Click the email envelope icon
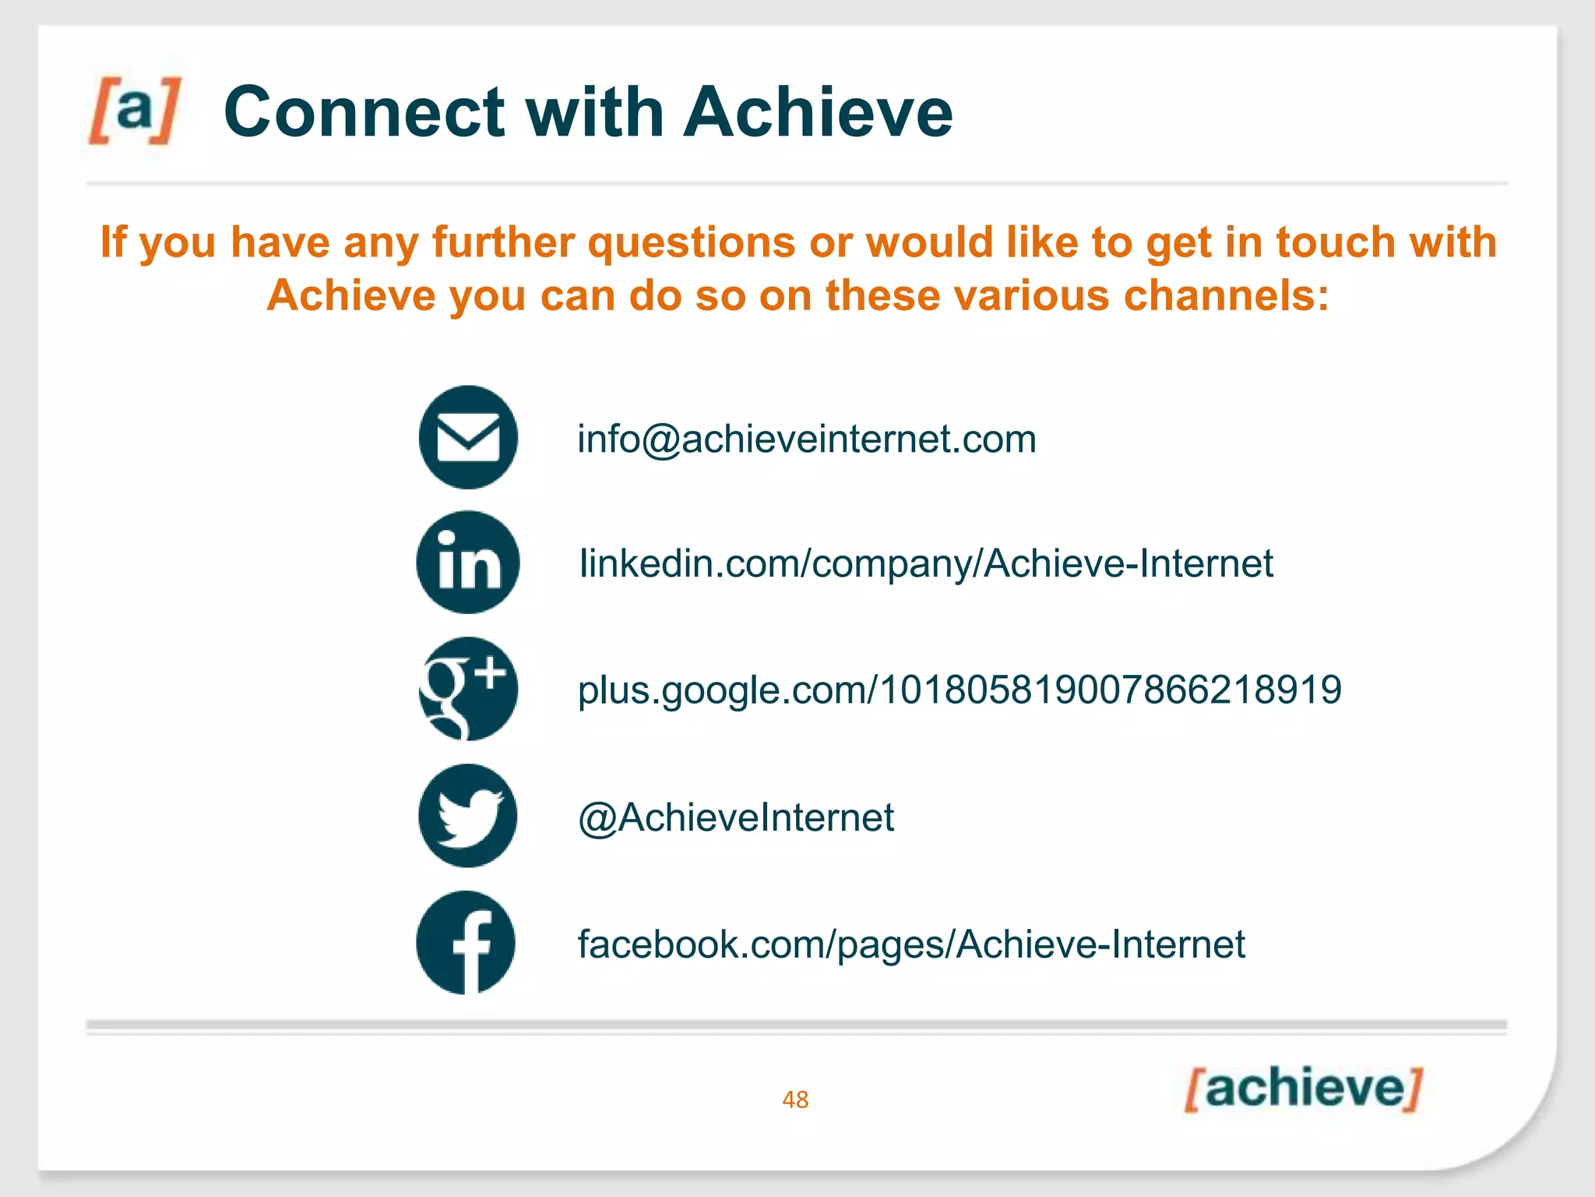pos(468,437)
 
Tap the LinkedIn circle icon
pos(468,563)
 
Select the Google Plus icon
pos(468,689)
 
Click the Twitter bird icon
pos(468,816)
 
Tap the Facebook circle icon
pos(467,943)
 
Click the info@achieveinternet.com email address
pos(806,439)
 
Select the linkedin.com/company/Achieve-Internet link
pos(926,563)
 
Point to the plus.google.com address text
pos(959,690)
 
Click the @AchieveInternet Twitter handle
pos(736,817)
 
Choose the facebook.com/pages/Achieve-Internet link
pos(911,945)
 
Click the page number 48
pos(795,1100)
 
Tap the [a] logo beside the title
pos(135,110)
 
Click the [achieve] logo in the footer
pos(1303,1089)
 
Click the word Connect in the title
pos(365,112)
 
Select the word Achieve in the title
pos(818,112)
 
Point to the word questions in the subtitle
pos(691,242)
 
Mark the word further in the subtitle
pos(503,242)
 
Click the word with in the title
pos(594,112)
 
